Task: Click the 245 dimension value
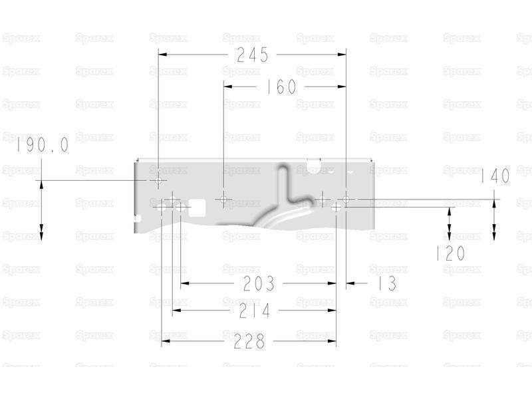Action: [253, 55]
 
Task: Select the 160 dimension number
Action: [280, 86]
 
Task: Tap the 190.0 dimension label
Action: [43, 145]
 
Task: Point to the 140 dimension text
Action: [495, 176]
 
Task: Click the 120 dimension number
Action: [451, 253]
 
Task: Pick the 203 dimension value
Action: [259, 283]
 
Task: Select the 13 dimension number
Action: [387, 283]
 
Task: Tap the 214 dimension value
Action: [255, 311]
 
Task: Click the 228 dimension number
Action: [249, 341]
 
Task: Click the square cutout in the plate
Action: [197, 208]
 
